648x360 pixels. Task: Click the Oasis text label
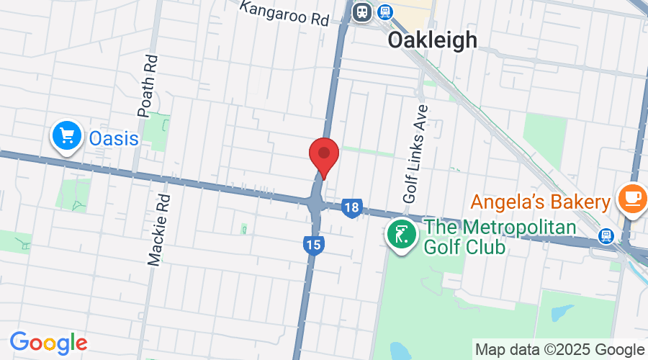click(114, 137)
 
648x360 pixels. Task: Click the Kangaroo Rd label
click(284, 13)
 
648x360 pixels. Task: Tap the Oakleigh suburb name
click(432, 40)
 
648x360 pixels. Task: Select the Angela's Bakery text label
click(541, 202)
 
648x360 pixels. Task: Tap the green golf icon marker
click(401, 235)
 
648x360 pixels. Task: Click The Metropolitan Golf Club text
click(500, 237)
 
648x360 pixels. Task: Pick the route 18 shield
click(351, 208)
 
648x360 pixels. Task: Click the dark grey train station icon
click(361, 11)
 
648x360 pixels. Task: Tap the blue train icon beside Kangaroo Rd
click(385, 11)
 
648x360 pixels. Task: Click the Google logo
click(48, 342)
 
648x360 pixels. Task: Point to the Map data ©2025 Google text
click(559, 349)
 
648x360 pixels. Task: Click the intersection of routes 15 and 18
click(316, 204)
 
